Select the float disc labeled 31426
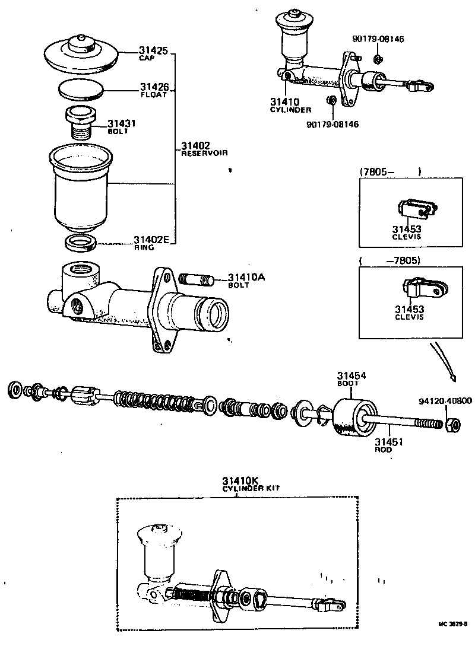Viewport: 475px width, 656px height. [x=81, y=90]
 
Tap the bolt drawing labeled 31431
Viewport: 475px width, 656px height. [x=79, y=121]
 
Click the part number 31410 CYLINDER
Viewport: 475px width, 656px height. [x=290, y=105]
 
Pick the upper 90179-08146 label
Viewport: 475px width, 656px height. [x=378, y=39]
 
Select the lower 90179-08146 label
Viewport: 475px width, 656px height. [x=332, y=124]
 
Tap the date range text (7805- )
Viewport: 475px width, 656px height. [x=390, y=172]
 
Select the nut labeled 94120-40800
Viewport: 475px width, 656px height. [x=451, y=424]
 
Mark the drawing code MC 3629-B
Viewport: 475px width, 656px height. [x=452, y=624]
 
